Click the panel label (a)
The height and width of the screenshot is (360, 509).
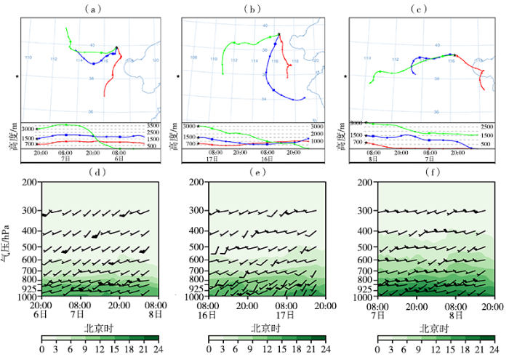coord(92,9)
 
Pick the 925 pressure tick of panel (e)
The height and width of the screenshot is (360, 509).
coord(196,289)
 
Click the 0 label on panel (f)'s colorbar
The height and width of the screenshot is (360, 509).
coord(380,350)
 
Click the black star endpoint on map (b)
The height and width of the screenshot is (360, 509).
coord(278,34)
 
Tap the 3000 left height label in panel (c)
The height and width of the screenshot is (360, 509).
coord(357,124)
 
